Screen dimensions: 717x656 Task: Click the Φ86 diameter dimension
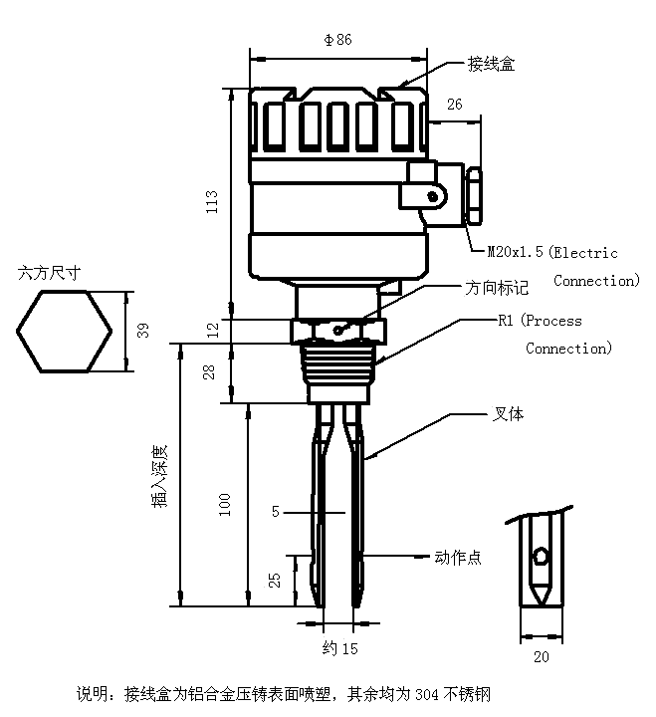point(338,40)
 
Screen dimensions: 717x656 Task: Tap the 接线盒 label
point(491,64)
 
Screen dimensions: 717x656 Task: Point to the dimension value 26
point(455,105)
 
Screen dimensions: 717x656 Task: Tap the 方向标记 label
point(497,287)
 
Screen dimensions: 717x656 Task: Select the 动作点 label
point(458,558)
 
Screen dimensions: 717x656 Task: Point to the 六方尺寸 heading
point(49,271)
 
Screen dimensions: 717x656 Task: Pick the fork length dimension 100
point(226,503)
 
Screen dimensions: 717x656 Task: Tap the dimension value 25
point(276,579)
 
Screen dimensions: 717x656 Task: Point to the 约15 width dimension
point(339,648)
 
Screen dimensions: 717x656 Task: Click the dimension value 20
point(541,656)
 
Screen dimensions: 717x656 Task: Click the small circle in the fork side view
point(541,555)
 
